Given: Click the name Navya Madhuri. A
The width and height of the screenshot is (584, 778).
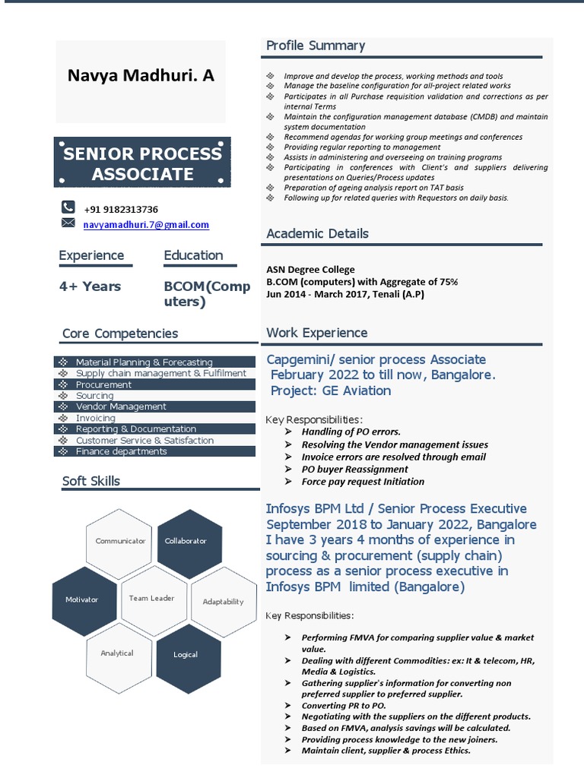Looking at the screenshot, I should tap(141, 75).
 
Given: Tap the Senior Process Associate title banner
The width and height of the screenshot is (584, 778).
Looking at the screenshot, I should tap(142, 163).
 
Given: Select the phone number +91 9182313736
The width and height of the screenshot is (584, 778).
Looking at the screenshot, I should tap(121, 210).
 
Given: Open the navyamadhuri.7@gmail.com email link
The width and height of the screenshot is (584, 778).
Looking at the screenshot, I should tap(146, 225).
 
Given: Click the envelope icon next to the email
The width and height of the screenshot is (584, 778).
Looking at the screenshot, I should tap(68, 223).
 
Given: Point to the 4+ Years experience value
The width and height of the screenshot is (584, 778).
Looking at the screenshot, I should tap(90, 286).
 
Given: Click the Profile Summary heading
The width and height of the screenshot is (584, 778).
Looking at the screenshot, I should tap(316, 46).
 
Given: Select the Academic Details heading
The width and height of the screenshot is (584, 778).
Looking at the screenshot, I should tap(317, 233).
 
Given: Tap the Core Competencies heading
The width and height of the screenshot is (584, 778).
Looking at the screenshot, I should tap(120, 334).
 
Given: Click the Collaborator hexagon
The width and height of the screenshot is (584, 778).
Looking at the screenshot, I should tap(186, 541).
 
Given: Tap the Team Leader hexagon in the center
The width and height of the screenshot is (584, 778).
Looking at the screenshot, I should tap(151, 598).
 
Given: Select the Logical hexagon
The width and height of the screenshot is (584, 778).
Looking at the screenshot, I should tap(186, 654).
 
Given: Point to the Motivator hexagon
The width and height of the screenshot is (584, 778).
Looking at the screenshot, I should tap(81, 599).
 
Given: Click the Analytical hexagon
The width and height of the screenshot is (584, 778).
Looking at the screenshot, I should tap(117, 653).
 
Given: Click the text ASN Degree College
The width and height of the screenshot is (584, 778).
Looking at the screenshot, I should tap(310, 270).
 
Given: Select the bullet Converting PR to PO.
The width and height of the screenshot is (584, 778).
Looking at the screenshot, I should tap(344, 706).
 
